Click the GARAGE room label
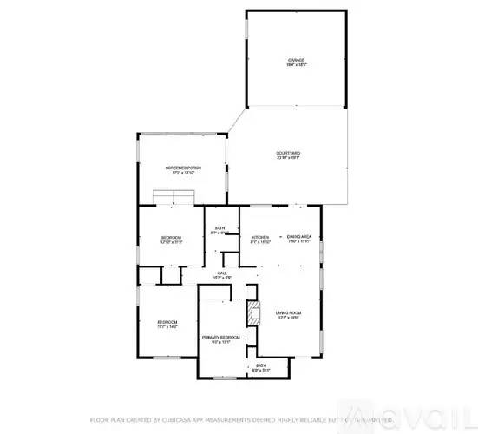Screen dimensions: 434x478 [298, 61]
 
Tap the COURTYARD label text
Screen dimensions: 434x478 [289, 153]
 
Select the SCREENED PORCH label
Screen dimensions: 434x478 [183, 168]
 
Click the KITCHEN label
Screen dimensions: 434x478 [260, 237]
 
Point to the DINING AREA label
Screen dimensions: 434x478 [298, 237]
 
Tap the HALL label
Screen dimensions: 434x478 [222, 273]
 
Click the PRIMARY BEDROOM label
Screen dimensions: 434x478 [220, 337]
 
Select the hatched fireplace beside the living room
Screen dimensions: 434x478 [253, 312]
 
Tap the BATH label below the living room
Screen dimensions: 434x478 [260, 366]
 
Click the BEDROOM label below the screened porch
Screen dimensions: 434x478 [171, 237]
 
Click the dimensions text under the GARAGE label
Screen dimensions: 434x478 [298, 66]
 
